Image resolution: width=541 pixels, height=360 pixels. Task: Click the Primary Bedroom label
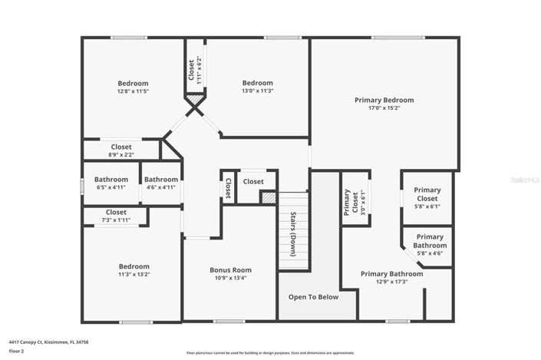(x=384, y=100)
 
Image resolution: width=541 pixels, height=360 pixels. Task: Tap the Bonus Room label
(x=230, y=270)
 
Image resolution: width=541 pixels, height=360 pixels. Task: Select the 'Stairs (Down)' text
(x=293, y=232)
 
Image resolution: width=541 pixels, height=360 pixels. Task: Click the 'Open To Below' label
(x=313, y=297)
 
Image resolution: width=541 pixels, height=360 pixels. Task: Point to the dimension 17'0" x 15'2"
(x=384, y=108)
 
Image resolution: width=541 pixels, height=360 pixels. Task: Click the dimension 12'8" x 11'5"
(x=133, y=91)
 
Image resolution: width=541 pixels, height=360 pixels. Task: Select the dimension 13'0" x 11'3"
(x=257, y=91)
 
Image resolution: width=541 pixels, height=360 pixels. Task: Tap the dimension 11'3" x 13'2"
(x=133, y=274)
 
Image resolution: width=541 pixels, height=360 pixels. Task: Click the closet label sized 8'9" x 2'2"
(x=121, y=147)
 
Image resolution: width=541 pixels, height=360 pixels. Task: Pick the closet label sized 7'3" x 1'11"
(x=116, y=213)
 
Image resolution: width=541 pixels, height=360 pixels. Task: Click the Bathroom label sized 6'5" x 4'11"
(x=111, y=180)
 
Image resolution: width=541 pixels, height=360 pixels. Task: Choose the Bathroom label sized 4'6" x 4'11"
(x=161, y=180)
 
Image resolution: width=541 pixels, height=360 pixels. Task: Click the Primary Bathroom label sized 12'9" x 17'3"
(x=391, y=274)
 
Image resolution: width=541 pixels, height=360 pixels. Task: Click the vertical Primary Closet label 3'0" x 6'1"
(x=347, y=201)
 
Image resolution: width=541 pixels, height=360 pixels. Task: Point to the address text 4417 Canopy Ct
(x=42, y=342)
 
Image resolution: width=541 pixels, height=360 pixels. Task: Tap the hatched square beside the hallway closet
(x=268, y=197)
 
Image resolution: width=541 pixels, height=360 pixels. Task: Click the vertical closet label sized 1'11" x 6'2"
(x=192, y=69)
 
